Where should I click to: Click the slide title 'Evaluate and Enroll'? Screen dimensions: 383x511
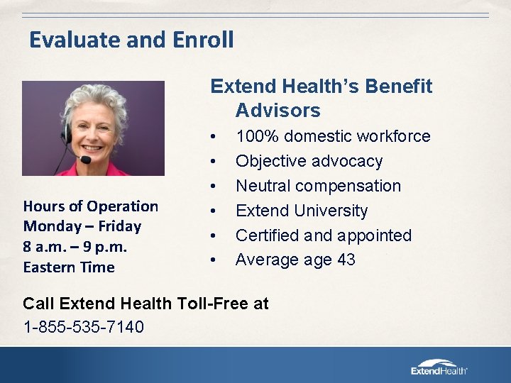[131, 40]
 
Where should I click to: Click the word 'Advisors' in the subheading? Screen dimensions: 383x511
[278, 111]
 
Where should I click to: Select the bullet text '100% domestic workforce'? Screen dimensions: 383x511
[332, 136]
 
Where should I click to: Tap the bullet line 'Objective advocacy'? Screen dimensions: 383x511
[309, 161]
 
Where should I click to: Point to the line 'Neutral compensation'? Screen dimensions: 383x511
[318, 186]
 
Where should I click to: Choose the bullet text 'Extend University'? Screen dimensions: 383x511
[302, 211]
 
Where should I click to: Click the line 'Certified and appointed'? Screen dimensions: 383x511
[323, 235]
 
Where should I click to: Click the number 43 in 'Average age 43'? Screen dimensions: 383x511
[346, 260]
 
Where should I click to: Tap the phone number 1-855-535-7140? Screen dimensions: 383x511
[83, 327]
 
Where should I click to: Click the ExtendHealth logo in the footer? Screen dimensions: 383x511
[439, 366]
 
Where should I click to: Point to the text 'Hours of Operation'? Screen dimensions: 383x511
[91, 206]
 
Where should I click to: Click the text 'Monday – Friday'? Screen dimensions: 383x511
[82, 226]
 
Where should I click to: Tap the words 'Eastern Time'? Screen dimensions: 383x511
[69, 267]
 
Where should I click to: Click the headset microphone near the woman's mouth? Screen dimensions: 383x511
[85, 160]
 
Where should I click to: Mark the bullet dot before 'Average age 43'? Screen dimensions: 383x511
[212, 260]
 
